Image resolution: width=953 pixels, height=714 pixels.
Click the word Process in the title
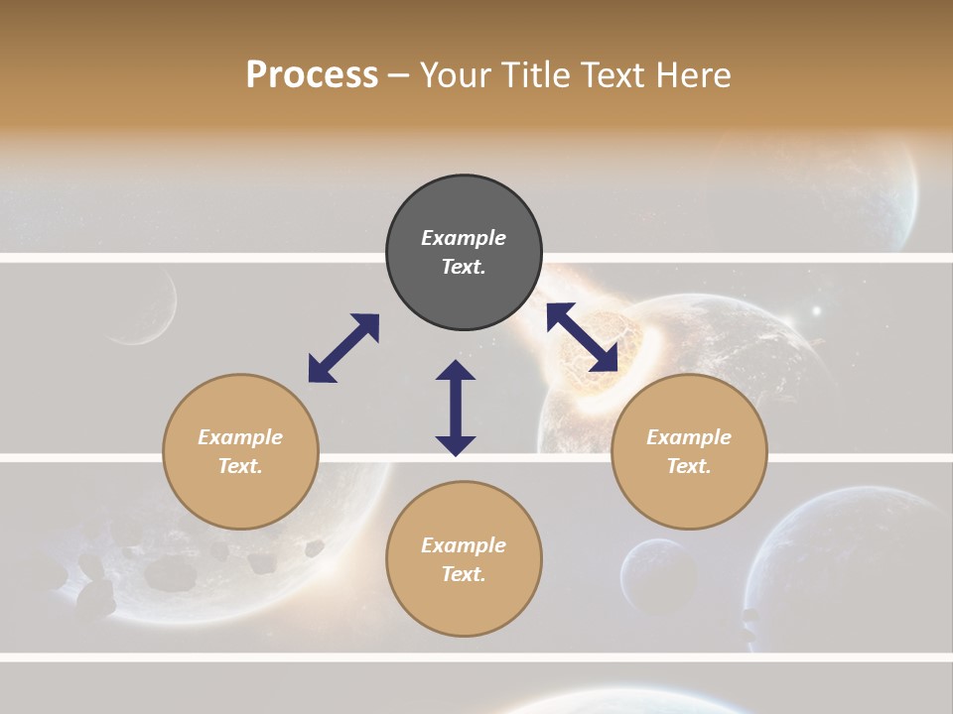point(312,75)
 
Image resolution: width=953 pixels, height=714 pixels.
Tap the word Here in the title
point(696,75)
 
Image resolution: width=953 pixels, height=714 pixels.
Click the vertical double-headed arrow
point(456,408)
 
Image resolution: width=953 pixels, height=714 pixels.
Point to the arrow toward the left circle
point(343,347)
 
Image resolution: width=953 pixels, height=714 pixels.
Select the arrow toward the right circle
point(583,337)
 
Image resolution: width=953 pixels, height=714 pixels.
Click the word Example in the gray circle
point(464,238)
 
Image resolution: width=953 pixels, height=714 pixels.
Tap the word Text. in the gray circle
point(464,267)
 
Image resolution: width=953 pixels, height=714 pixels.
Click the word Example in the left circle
point(240,437)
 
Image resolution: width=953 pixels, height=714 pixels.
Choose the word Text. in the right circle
point(689,466)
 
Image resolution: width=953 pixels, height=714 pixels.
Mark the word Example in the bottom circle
point(464,545)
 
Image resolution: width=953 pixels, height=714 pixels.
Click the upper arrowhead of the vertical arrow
point(456,371)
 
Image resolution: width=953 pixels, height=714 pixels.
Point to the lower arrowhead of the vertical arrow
point(456,444)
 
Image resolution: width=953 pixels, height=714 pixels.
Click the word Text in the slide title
point(614,75)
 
